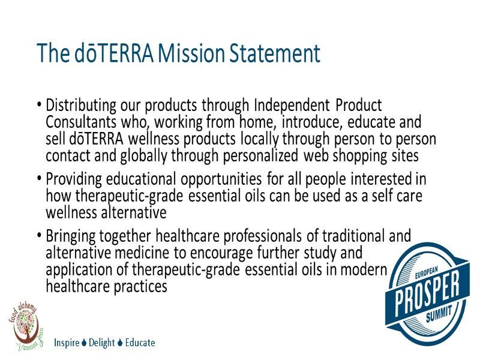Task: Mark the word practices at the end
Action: (136, 287)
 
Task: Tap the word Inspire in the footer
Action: (66, 343)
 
